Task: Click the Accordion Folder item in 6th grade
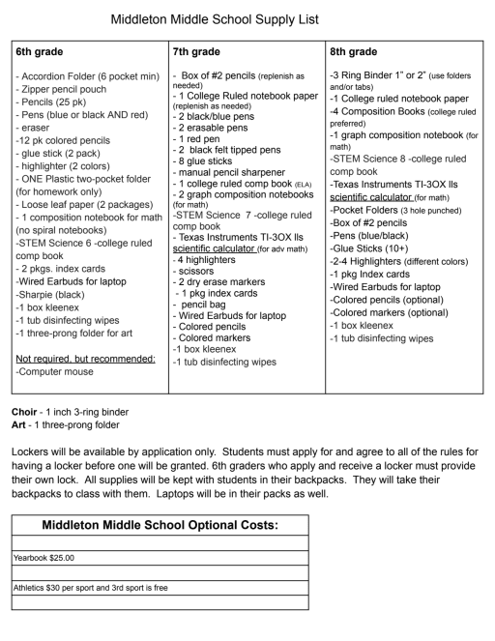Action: tap(81, 75)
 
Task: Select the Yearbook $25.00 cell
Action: tap(44, 558)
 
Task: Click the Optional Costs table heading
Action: tap(160, 525)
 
